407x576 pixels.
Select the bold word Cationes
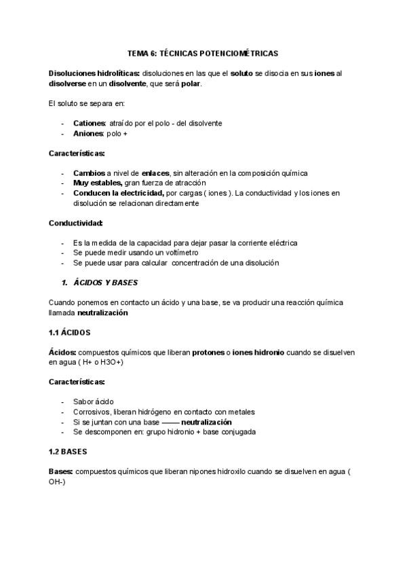pyautogui.click(x=89, y=123)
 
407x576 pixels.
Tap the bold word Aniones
pyautogui.click(x=88, y=133)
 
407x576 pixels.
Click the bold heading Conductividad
pyautogui.click(x=76, y=223)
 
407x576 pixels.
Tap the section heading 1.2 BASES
pyautogui.click(x=68, y=451)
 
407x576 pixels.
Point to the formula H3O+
pyautogui.click(x=111, y=363)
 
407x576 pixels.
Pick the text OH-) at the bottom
pyautogui.click(x=58, y=481)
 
